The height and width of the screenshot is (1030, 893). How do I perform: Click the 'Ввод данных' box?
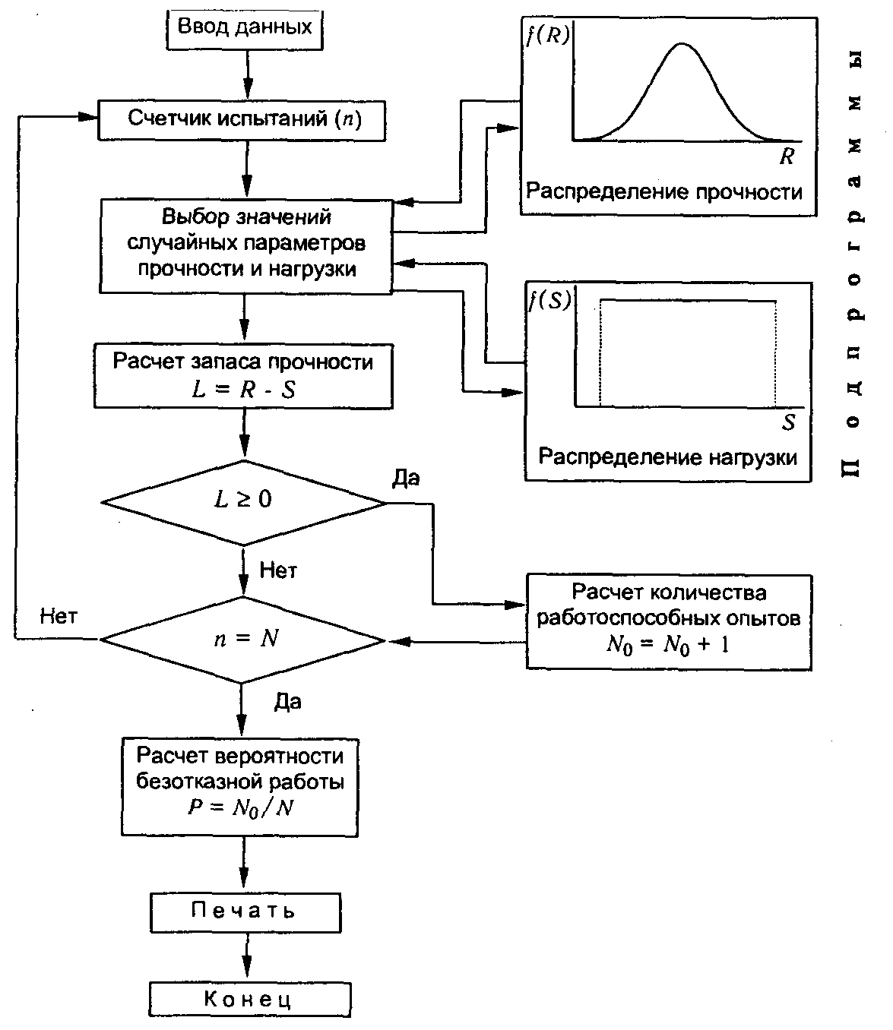244,31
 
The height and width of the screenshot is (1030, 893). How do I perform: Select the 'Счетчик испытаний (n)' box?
242,121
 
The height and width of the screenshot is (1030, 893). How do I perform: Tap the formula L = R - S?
243,390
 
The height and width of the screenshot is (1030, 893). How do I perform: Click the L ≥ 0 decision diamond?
243,502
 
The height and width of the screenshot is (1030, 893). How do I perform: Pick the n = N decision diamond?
243,640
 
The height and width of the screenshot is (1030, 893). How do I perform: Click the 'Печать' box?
245,912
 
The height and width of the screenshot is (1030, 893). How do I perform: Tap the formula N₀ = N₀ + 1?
668,646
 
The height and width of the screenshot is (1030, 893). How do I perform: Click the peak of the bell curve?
682,44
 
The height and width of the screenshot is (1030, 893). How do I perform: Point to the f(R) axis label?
548,36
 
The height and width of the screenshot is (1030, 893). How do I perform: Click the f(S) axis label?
550,301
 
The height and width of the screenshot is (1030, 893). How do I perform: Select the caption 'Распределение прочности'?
664,192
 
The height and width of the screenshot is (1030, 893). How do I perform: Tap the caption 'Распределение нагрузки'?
667,457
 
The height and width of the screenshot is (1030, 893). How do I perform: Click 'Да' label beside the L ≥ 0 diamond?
406,478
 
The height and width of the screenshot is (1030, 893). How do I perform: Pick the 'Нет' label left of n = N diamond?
59,617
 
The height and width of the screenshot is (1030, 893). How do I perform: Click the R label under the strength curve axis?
787,156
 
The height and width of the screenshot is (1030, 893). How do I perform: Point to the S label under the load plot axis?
788,422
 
